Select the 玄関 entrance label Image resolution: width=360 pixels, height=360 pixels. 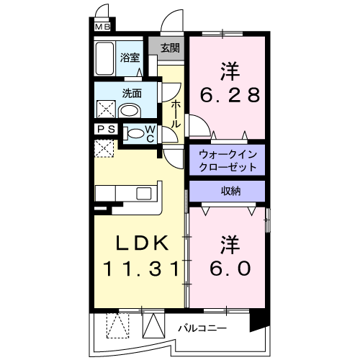pyautogui.click(x=170, y=49)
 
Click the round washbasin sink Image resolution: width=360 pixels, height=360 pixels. pyautogui.click(x=130, y=111)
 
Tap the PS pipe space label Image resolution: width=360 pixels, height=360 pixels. pyautogui.click(x=105, y=130)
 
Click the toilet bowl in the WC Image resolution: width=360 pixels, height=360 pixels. pyautogui.click(x=135, y=133)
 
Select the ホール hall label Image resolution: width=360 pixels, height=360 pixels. pyautogui.click(x=176, y=114)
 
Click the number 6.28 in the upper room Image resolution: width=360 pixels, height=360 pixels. pyautogui.click(x=230, y=96)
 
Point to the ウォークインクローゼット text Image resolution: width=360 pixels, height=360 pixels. pyautogui.click(x=228, y=160)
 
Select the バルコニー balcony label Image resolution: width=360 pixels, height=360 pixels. pyautogui.click(x=203, y=328)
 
